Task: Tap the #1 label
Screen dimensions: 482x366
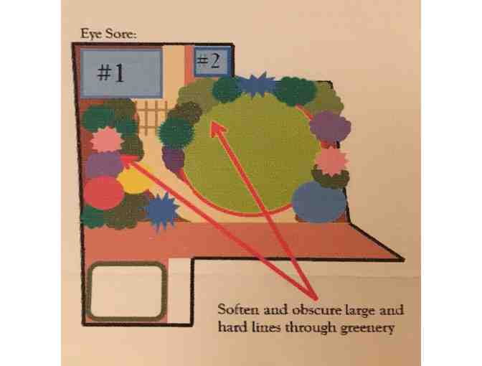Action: click(111, 73)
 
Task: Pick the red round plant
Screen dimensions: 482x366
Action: click(104, 192)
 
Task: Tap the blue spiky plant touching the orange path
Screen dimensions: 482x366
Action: click(161, 211)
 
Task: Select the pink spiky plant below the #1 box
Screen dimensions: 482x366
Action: click(106, 140)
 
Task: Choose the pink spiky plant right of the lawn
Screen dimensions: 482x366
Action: click(331, 161)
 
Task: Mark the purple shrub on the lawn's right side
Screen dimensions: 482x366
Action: click(330, 127)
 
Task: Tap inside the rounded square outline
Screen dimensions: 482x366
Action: click(127, 291)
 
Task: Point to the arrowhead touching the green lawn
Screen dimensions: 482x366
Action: click(217, 128)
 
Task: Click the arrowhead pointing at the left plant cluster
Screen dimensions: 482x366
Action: click(131, 160)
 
